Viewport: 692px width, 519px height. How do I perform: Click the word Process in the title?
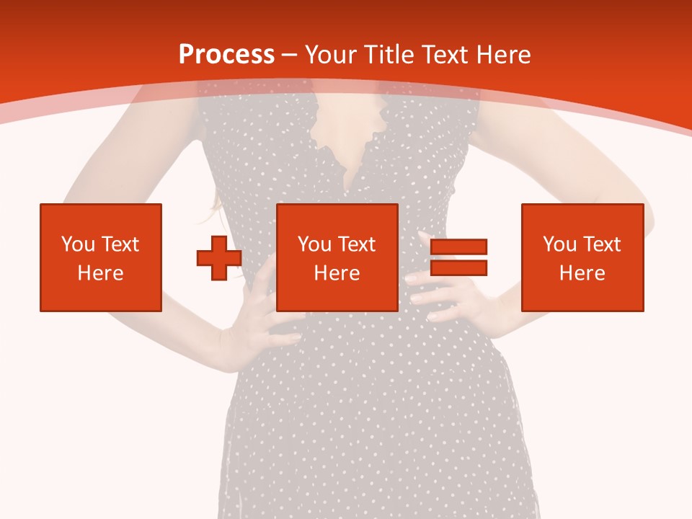(226, 55)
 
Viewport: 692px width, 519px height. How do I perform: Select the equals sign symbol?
(458, 257)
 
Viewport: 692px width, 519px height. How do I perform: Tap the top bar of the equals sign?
(458, 247)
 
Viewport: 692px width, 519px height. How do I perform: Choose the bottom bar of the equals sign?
(458, 267)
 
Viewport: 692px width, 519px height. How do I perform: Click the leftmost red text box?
(101, 257)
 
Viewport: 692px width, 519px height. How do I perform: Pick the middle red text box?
(337, 257)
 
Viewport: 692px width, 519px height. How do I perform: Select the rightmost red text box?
(582, 257)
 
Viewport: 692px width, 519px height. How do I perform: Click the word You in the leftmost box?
(78, 244)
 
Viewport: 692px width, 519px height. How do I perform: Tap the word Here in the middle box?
(337, 273)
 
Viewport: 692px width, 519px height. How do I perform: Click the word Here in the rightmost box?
(582, 273)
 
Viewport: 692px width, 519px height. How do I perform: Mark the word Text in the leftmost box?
(120, 244)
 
